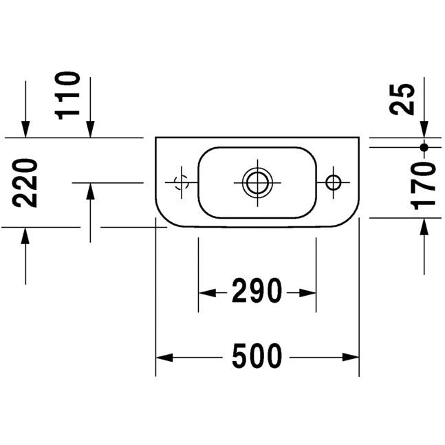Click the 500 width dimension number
(257, 356)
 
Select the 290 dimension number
(257, 291)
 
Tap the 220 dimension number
(25, 183)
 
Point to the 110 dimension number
(67, 96)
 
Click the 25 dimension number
(402, 99)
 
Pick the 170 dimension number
(423, 186)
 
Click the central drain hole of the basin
(257, 182)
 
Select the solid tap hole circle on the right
(334, 182)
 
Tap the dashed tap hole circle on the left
(182, 182)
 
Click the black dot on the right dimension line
(424, 147)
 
